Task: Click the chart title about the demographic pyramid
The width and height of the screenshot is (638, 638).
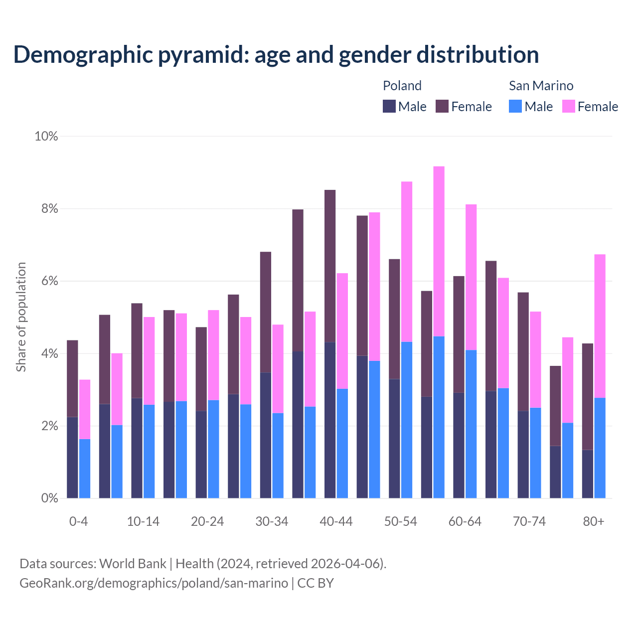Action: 276,54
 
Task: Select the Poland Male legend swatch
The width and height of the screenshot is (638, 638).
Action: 389,106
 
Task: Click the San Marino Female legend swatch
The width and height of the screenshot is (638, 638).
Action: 569,106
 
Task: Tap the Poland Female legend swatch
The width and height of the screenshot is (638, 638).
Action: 442,106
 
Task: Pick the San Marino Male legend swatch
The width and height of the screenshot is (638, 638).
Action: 515,106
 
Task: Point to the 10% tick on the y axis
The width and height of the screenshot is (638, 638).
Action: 46,136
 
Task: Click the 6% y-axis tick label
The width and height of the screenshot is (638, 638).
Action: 49,281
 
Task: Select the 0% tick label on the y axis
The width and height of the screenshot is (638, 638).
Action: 49,498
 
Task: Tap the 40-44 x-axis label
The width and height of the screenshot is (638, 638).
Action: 336,521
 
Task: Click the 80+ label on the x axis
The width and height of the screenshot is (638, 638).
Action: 594,521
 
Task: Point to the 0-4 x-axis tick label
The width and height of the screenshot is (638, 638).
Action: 78,521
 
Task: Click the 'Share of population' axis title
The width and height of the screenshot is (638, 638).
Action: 21,317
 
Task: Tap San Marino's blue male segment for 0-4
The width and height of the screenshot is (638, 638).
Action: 85,469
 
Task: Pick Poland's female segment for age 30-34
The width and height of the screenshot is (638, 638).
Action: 266,312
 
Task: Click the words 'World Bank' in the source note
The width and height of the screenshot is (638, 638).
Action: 133,564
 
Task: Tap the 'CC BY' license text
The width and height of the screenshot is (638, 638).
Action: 316,583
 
